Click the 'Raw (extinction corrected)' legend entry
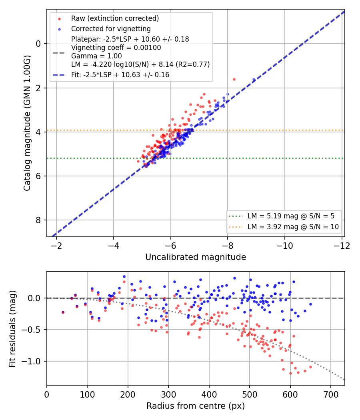click(115, 18)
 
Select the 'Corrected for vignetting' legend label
click(111, 29)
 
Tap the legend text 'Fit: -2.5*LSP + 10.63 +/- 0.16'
click(120, 75)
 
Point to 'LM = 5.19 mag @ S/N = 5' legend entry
click(291, 216)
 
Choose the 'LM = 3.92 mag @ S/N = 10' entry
click(293, 227)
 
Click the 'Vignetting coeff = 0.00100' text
click(116, 48)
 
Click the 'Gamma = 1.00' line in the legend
click(96, 56)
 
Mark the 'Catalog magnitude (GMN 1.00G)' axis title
click(27, 123)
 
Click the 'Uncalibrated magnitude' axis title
click(196, 257)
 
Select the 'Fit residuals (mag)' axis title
click(12, 329)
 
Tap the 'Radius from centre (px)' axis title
click(196, 406)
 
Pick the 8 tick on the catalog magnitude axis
click(38, 220)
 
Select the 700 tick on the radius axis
click(331, 394)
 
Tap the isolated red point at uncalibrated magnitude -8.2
click(234, 80)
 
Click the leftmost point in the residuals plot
click(63, 312)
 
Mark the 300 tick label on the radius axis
click(168, 394)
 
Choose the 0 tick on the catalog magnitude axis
click(38, 44)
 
